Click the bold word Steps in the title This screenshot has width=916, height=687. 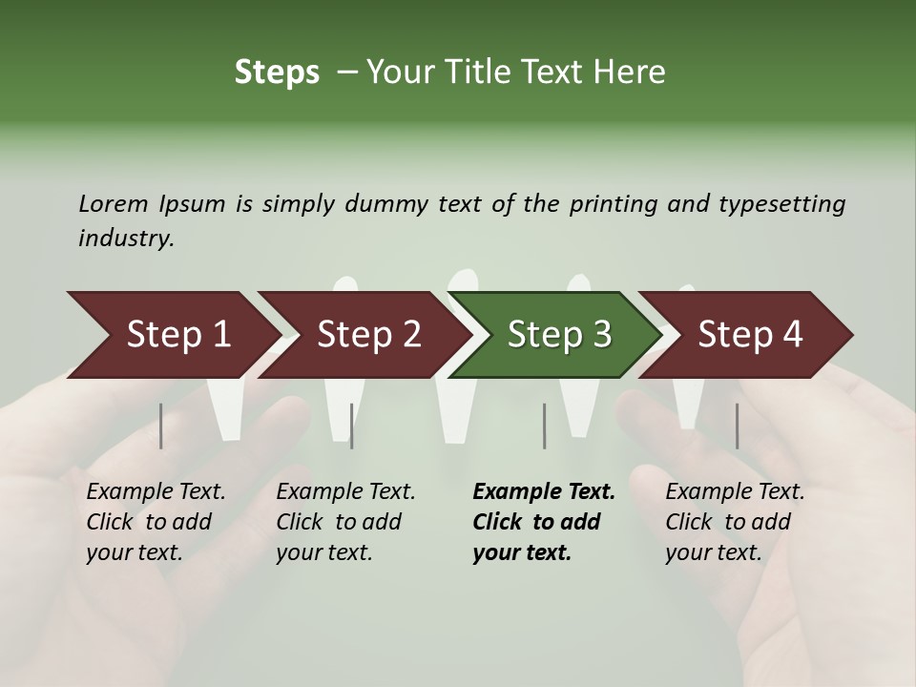pos(277,72)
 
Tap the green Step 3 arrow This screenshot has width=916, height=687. pos(559,335)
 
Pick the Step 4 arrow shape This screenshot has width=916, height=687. pos(750,335)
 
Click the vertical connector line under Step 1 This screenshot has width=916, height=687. pos(161,426)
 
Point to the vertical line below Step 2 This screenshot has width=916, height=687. pos(352,426)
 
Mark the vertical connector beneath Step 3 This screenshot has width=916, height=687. pos(544,426)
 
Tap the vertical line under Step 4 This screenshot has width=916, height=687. pos(737,426)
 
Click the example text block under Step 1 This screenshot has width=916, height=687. pos(156,522)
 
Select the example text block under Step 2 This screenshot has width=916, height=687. pos(345,522)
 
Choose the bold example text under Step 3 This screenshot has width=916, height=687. pos(543,522)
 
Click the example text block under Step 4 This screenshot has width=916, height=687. pos(735,522)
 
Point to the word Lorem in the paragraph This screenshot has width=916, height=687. pos(113,204)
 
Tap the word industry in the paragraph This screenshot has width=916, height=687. pos(125,239)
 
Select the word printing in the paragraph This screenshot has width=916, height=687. pos(616,204)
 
